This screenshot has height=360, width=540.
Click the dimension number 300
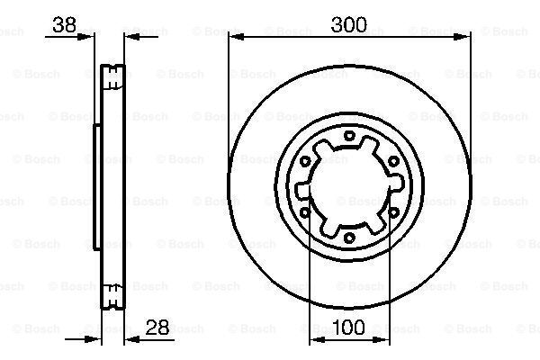click(x=349, y=25)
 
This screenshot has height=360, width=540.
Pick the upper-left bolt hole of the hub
click(x=306, y=162)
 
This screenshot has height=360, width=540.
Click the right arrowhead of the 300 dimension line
click(x=466, y=36)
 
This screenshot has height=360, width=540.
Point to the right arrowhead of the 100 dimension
click(x=385, y=338)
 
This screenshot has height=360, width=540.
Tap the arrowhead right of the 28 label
click(x=128, y=338)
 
